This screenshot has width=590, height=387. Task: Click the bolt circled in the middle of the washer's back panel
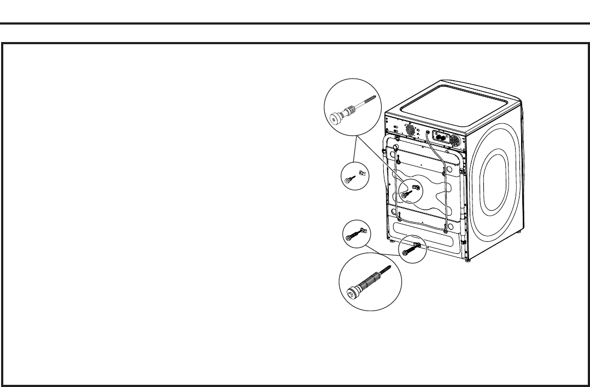[x=406, y=195]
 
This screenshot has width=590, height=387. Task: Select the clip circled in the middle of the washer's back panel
[x=416, y=187]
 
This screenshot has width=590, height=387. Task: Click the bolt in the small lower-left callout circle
[x=351, y=236]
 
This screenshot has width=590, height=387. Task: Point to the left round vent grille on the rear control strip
[x=408, y=130]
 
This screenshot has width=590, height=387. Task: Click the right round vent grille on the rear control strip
[x=453, y=140]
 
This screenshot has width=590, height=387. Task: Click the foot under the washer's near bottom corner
[x=467, y=260]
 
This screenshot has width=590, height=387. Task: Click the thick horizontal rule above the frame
[x=295, y=23]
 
